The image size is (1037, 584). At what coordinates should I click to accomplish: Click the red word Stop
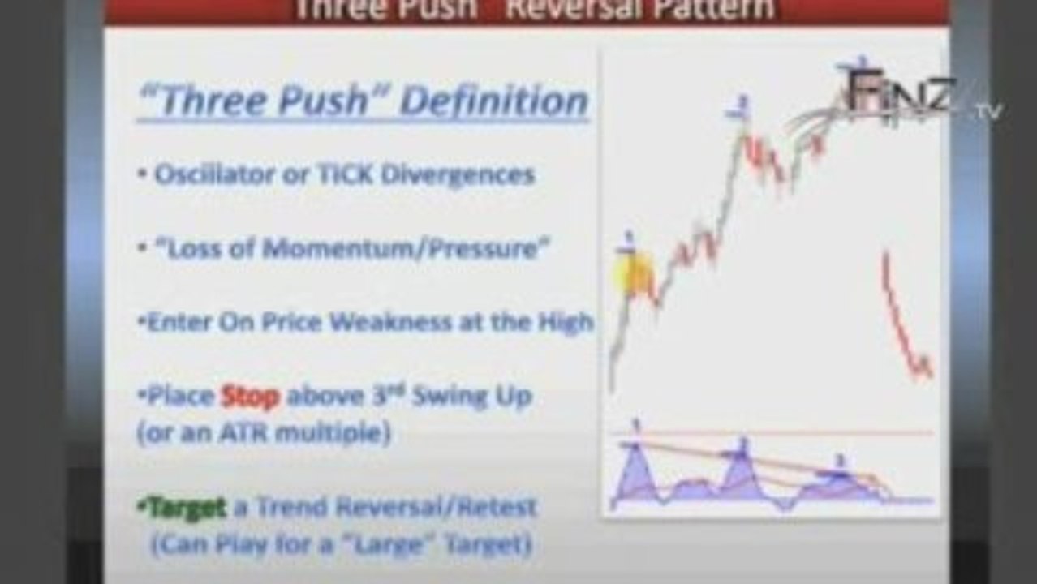click(x=250, y=397)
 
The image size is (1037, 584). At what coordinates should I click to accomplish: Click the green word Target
click(x=181, y=508)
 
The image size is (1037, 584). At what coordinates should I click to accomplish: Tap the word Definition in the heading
click(x=494, y=101)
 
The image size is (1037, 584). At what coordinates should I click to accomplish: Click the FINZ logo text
click(x=901, y=93)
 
